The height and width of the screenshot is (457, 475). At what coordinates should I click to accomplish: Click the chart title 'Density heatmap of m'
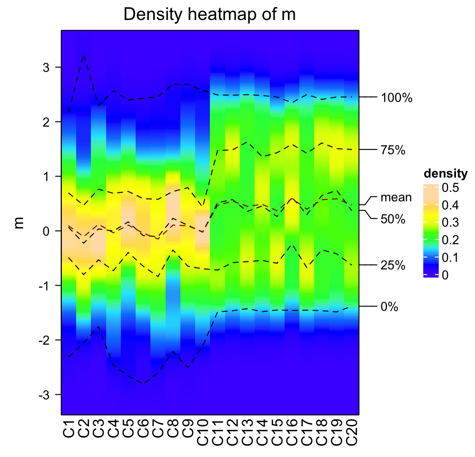[209, 15]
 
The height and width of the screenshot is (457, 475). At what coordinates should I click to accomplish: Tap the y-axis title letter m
[20, 222]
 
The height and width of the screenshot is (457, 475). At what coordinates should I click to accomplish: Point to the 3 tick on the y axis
[46, 68]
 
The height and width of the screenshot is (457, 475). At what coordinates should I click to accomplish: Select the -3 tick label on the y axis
[43, 395]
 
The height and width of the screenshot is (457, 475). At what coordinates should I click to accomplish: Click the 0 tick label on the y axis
[46, 231]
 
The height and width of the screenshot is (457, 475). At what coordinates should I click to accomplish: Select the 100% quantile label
[396, 99]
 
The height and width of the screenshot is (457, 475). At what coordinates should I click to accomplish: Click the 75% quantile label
[393, 150]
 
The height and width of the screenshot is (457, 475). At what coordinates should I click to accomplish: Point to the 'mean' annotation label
[396, 197]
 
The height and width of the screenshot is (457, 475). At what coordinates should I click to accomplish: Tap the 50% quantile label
[393, 219]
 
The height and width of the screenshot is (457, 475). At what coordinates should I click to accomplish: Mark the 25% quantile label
[393, 266]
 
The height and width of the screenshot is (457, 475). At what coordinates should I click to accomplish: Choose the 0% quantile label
[389, 307]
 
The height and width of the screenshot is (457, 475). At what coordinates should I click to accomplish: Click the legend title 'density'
[445, 173]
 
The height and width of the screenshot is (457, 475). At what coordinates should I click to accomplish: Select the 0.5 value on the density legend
[450, 188]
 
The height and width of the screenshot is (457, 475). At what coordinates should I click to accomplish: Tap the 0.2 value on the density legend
[450, 240]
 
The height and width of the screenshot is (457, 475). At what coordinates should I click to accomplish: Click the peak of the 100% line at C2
[84, 55]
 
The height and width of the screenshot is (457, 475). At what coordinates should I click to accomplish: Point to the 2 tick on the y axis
[46, 122]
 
